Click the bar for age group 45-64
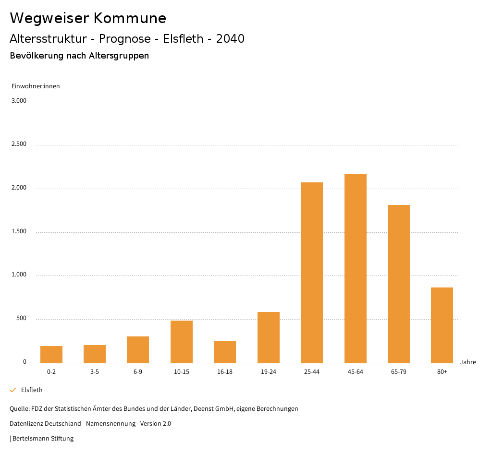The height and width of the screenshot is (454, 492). click(x=355, y=268)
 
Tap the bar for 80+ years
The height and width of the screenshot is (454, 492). click(x=442, y=325)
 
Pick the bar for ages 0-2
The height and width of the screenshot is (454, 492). click(x=51, y=354)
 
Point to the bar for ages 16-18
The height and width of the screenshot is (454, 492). click(x=225, y=352)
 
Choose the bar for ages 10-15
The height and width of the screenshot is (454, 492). click(x=182, y=342)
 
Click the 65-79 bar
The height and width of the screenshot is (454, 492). click(x=399, y=284)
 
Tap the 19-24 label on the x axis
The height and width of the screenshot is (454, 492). click(x=269, y=372)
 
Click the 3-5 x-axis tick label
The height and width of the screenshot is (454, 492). click(x=95, y=372)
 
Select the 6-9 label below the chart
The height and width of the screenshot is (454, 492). click(x=138, y=372)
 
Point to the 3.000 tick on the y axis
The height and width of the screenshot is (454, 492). click(x=19, y=101)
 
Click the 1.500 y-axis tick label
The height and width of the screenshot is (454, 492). click(x=19, y=231)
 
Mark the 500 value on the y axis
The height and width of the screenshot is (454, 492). click(x=21, y=319)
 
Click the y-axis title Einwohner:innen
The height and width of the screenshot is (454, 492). click(x=36, y=86)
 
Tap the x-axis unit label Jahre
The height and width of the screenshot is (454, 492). click(x=468, y=362)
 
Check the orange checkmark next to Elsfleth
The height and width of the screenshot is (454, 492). click(x=13, y=390)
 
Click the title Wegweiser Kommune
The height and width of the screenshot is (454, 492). click(x=88, y=18)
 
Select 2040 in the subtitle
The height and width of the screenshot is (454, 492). click(x=230, y=39)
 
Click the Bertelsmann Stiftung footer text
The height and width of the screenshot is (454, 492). click(x=42, y=438)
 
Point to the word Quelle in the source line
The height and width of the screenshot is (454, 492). click(x=19, y=409)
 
